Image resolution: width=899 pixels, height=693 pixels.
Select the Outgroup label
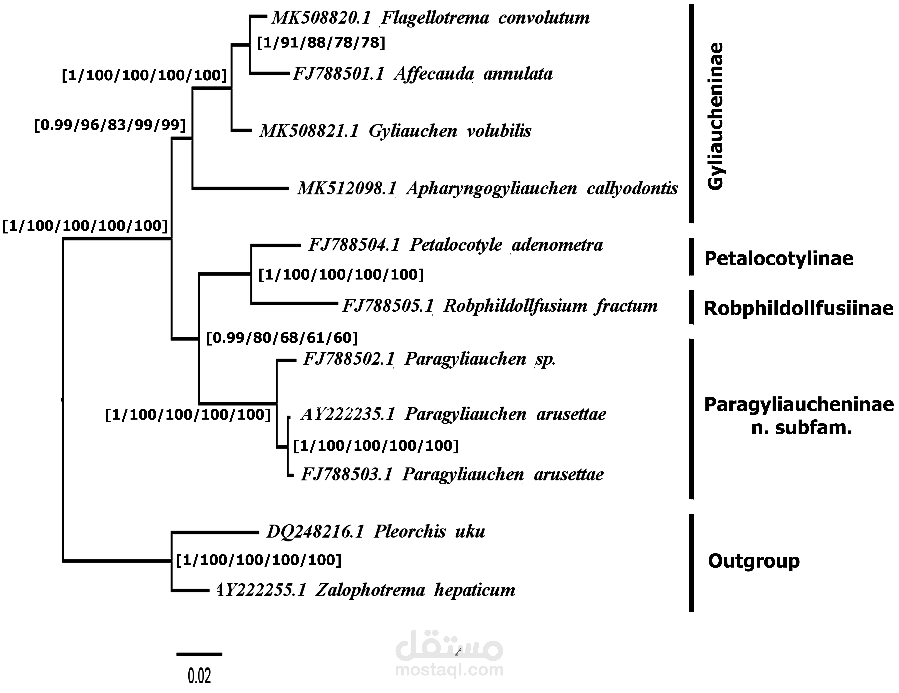(x=753, y=561)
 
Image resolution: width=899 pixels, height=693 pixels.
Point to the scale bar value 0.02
(x=199, y=676)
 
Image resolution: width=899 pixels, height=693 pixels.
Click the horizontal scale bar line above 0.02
(x=199, y=654)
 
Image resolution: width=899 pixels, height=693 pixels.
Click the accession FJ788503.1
(x=347, y=474)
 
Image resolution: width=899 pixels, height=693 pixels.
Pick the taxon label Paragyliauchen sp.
(x=480, y=359)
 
